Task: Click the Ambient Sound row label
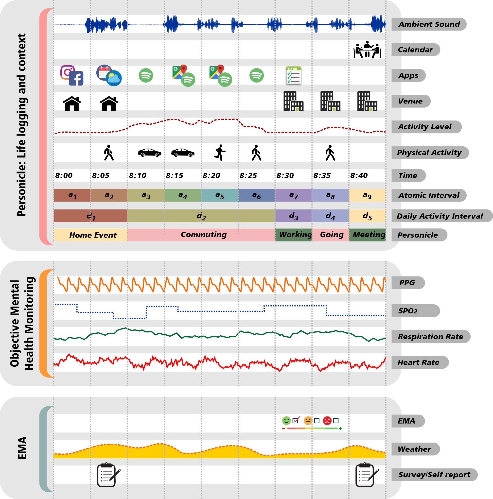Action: click(429, 24)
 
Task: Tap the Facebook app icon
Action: click(76, 78)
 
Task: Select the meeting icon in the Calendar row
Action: click(367, 50)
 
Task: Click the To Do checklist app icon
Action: click(294, 75)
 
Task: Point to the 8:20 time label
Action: click(211, 176)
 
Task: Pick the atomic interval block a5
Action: click(220, 195)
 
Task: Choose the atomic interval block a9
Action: click(367, 195)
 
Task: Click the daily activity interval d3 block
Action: click(294, 216)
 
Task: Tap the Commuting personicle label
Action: click(204, 235)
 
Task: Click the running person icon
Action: click(220, 153)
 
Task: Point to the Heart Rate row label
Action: click(418, 362)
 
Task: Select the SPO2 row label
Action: click(408, 311)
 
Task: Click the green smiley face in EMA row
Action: click(286, 420)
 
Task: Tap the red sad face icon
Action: click(327, 420)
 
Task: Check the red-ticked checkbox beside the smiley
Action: click(295, 421)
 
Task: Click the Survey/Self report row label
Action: click(434, 475)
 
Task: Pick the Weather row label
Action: click(414, 449)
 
